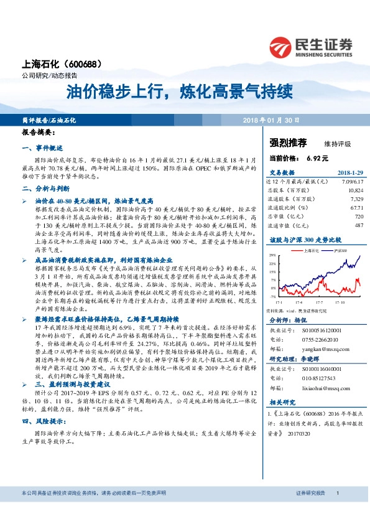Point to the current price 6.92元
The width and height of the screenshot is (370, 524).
tap(317, 159)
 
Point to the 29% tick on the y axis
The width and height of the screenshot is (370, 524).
tap(272, 255)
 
